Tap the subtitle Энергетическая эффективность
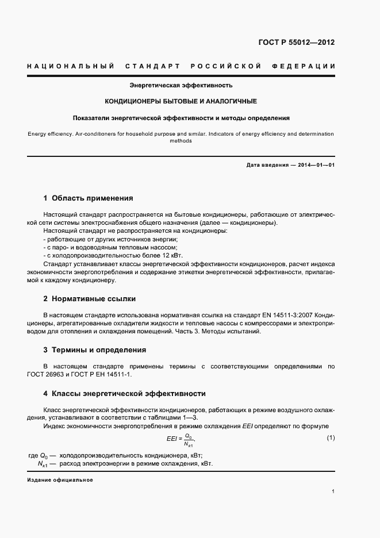tap(181, 85)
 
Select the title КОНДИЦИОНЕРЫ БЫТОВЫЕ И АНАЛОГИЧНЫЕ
tap(181, 101)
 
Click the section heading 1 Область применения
tap(88, 198)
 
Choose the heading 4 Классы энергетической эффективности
tap(124, 394)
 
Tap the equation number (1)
tap(331, 438)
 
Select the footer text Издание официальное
tap(59, 480)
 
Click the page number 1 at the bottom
tap(333, 491)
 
